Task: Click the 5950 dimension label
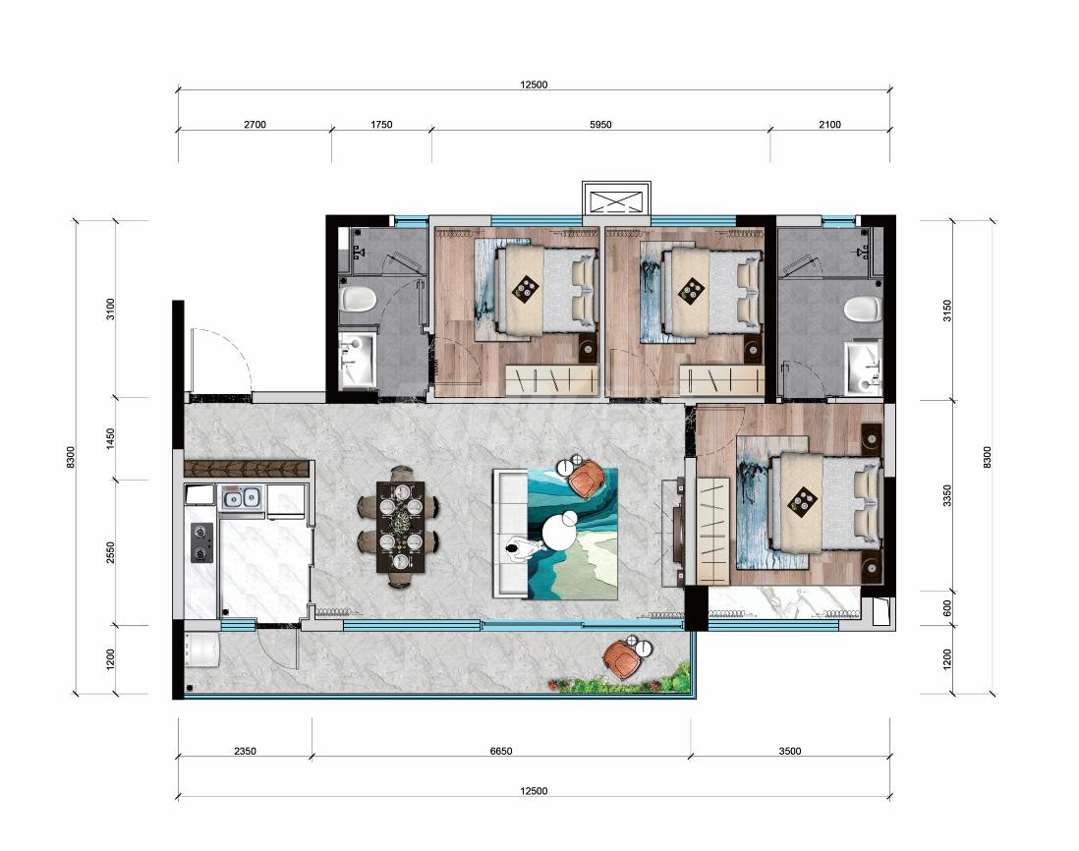pos(600,125)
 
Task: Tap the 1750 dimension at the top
pos(381,125)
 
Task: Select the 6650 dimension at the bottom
pos(501,751)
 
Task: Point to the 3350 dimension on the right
pos(947,495)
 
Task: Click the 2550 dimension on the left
pos(111,553)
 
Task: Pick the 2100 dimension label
pos(830,125)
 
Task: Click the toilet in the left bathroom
pos(358,300)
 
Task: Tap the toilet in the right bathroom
pos(864,309)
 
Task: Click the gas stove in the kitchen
pos(201,542)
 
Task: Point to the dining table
pos(401,527)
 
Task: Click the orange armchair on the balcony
pos(623,658)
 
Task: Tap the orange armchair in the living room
pos(588,476)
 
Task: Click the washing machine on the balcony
pos(201,651)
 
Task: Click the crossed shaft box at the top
pos(616,201)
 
